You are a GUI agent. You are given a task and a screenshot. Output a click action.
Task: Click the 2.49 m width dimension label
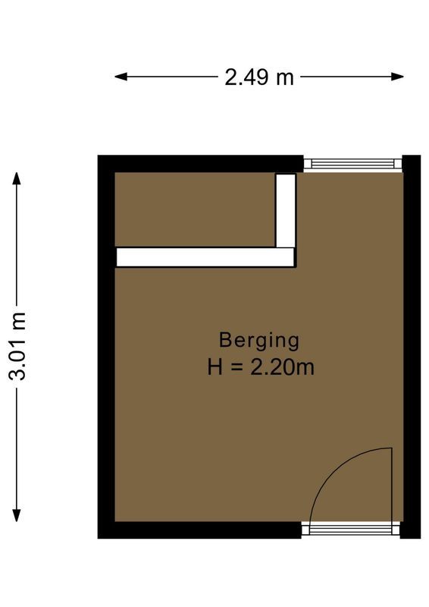(x=258, y=77)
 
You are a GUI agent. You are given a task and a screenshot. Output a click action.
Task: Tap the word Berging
(x=259, y=339)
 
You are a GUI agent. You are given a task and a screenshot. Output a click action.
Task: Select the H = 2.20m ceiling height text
(x=261, y=367)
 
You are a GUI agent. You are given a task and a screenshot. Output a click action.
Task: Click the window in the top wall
(x=352, y=163)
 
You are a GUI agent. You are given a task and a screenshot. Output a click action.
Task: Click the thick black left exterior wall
(x=106, y=349)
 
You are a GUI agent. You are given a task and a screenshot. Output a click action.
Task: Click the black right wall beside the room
(x=410, y=349)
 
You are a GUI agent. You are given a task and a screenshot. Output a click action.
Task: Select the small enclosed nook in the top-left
(x=194, y=209)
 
